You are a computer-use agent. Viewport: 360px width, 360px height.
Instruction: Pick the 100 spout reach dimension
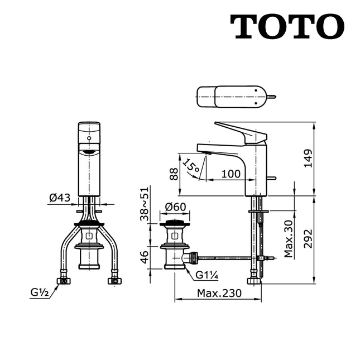point(231,174)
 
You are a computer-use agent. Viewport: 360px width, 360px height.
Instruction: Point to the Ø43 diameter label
point(60,198)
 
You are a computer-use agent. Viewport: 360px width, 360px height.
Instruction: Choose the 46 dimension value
point(144,257)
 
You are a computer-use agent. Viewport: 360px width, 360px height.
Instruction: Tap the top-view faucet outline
point(234,97)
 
